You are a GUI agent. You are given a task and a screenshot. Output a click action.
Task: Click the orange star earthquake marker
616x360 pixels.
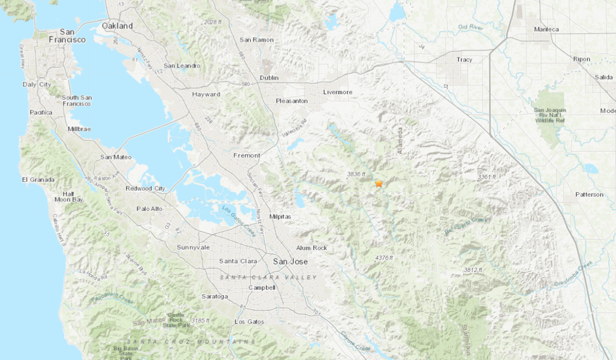pyautogui.click(x=379, y=184)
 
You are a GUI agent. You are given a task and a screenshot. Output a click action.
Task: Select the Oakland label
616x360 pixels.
pyautogui.click(x=117, y=26)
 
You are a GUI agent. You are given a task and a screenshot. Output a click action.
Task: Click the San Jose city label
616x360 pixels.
pyautogui.click(x=290, y=261)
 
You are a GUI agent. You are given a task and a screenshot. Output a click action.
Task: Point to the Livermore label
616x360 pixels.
pyautogui.click(x=338, y=92)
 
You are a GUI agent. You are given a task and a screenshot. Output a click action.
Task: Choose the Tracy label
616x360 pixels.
pyautogui.click(x=464, y=59)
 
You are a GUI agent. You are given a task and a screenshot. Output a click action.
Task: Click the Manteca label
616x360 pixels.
pyautogui.click(x=546, y=29)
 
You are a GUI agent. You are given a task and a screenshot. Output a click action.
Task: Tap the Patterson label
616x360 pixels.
pyautogui.click(x=589, y=194)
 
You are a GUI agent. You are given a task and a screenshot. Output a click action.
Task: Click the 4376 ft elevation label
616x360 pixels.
pyautogui.click(x=384, y=258)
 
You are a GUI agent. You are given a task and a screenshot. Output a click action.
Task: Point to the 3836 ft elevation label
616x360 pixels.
pyautogui.click(x=356, y=174)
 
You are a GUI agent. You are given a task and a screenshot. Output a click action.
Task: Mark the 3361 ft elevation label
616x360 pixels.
pyautogui.click(x=487, y=176)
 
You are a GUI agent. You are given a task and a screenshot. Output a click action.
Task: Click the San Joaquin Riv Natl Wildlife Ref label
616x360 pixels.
pyautogui.click(x=550, y=115)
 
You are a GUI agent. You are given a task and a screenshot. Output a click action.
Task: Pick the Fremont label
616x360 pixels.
pyautogui.click(x=247, y=155)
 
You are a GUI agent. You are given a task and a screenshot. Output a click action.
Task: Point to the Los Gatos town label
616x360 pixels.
pyautogui.click(x=250, y=321)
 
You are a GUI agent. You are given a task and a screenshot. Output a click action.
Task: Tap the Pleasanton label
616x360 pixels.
pyautogui.click(x=292, y=101)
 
